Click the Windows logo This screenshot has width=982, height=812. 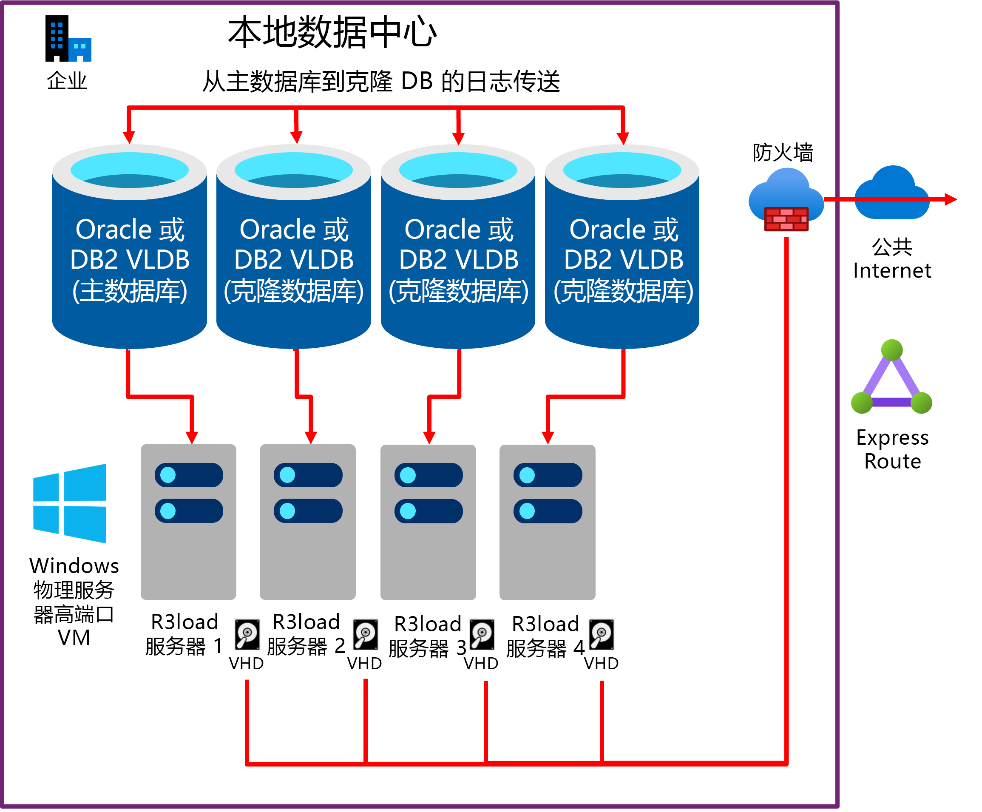[x=70, y=503]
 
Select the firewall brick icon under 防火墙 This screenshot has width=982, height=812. [x=786, y=219]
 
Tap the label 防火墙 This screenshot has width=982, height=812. [x=782, y=153]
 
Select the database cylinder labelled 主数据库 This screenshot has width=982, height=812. [x=130, y=247]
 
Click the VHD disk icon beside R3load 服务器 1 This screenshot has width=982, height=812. [x=247, y=635]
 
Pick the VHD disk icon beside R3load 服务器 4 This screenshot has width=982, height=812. [x=602, y=635]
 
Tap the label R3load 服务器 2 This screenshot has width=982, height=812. [x=306, y=634]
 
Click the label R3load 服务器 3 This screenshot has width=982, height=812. [x=427, y=636]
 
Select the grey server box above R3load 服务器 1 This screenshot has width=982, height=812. [x=188, y=522]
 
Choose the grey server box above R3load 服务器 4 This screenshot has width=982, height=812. [x=547, y=522]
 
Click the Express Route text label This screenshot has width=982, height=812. [x=892, y=449]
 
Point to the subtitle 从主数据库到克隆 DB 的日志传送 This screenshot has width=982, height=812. [x=381, y=81]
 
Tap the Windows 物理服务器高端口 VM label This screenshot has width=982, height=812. [x=74, y=601]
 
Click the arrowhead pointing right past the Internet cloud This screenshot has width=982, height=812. [x=951, y=200]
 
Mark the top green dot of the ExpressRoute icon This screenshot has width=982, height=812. [x=892, y=350]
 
